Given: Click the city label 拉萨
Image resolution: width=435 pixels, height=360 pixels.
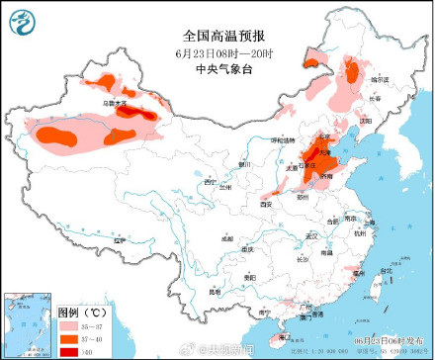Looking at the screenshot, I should [x=120, y=240].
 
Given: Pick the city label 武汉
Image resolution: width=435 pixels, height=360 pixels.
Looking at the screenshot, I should [x=312, y=235].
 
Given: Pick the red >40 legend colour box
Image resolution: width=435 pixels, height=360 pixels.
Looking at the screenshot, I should [x=69, y=350].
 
